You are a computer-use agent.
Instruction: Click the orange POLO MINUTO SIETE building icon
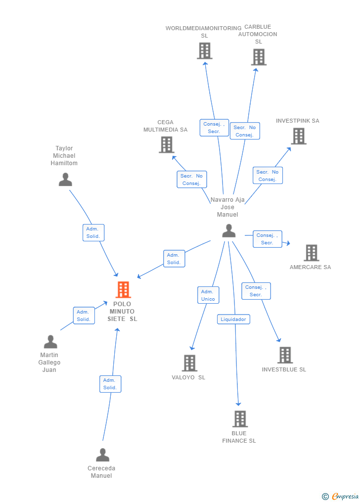(123, 290)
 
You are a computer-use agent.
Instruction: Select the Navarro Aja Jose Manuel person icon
(228, 230)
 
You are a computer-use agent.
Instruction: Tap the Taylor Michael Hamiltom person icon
(65, 179)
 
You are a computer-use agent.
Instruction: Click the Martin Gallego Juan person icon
(50, 342)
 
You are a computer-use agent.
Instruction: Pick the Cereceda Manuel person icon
(102, 455)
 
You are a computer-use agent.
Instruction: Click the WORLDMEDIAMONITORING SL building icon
(204, 50)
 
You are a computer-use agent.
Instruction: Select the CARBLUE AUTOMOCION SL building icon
(259, 57)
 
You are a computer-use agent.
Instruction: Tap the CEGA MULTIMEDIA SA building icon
(167, 144)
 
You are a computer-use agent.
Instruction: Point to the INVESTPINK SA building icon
(299, 136)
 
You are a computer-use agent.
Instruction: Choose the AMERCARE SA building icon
(311, 253)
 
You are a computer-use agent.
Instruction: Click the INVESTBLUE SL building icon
(285, 355)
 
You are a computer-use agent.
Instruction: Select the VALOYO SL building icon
(189, 363)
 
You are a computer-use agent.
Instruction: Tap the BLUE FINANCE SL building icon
(240, 419)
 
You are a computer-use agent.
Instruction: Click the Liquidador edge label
(233, 319)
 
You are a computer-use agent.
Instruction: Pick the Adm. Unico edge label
(208, 295)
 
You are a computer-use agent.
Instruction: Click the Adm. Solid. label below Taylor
(93, 232)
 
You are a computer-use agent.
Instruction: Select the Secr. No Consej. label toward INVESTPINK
(268, 176)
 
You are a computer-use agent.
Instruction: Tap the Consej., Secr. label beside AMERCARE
(267, 239)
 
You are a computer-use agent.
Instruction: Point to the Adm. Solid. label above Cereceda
(110, 384)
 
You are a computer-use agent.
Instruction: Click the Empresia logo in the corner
(341, 496)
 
